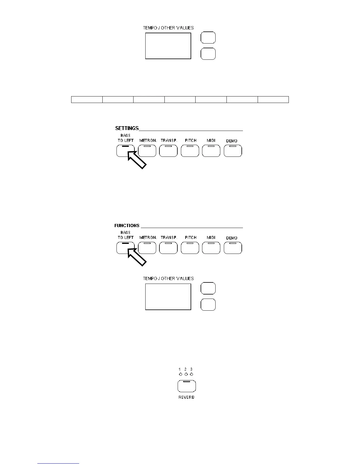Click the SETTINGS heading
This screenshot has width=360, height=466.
(127, 128)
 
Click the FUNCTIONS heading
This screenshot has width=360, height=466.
(127, 226)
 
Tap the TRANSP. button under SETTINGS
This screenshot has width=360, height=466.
(168, 151)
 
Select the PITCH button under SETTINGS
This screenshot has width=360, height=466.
(190, 151)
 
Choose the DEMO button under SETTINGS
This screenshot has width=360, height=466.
(233, 151)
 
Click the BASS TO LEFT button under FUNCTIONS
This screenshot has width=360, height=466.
(125, 248)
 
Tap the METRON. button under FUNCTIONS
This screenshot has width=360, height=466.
(147, 248)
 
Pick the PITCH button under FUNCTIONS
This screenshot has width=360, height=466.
(190, 248)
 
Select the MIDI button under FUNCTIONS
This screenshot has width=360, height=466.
(211, 248)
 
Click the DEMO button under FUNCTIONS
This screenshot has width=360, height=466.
(233, 248)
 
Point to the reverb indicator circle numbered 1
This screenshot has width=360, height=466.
(180, 375)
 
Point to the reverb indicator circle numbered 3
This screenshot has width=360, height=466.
(191, 375)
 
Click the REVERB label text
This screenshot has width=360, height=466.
(186, 397)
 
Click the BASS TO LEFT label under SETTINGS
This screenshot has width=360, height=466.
(126, 138)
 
